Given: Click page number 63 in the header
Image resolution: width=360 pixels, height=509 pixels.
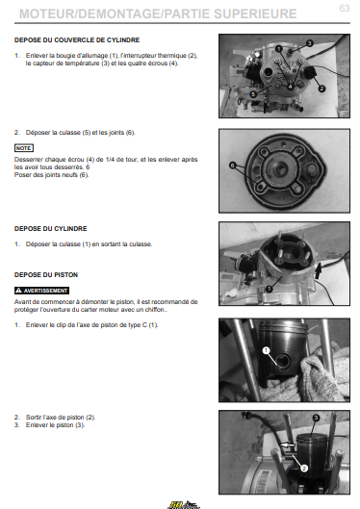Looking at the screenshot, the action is tap(345, 8).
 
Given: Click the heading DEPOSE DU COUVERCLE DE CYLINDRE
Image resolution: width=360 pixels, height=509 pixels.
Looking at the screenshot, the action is tap(77, 39).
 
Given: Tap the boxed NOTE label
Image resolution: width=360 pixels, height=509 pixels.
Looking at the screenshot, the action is tap(24, 148).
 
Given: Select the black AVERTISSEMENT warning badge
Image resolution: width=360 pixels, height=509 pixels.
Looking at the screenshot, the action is tap(41, 291).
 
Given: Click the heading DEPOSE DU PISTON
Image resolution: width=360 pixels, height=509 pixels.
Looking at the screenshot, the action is tap(46, 275).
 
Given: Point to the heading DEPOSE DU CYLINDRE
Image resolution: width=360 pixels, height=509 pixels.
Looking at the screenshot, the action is tap(51, 229).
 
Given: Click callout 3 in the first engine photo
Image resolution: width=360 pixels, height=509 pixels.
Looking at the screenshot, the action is tap(309, 43).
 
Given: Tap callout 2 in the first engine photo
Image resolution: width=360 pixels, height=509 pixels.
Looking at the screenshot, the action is tap(321, 89).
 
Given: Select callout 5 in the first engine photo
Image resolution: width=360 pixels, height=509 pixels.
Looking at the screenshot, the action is tap(253, 94).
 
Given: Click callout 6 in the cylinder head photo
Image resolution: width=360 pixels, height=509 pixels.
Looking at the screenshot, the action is tap(232, 165).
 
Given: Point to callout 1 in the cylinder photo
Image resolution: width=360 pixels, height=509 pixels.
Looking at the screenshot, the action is tap(269, 289).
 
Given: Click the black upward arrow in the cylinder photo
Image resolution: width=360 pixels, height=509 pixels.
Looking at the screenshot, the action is tap(319, 270).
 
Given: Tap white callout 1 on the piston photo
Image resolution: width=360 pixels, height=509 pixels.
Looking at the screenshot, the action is tap(267, 350).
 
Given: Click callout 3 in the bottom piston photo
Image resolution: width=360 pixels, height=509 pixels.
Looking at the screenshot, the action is tap(316, 418).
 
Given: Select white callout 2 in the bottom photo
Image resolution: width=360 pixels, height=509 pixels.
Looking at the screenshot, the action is tap(304, 468).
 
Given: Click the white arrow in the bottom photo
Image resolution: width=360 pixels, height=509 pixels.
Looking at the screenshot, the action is tap(288, 445).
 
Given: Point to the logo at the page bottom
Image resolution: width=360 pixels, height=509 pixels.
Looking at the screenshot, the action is tap(184, 505).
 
